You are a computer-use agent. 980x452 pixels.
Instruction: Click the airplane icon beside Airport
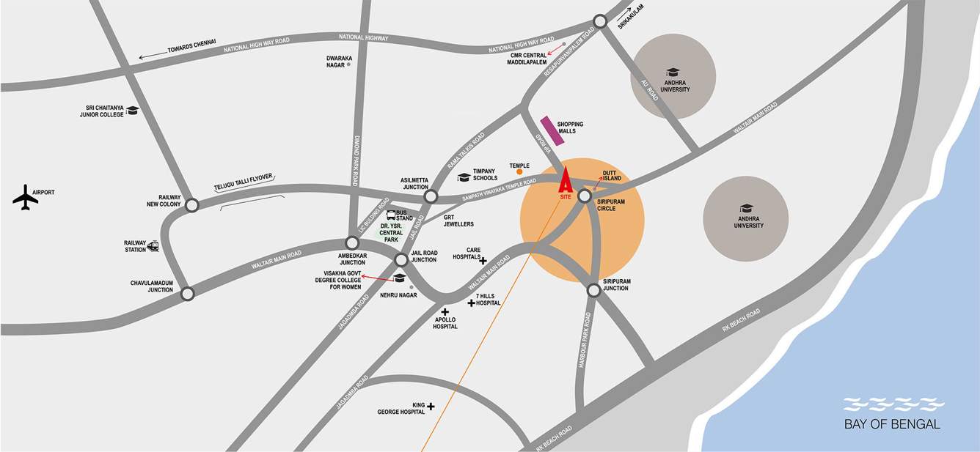click(x=25, y=198)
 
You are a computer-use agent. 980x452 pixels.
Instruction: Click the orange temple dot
click(x=519, y=173)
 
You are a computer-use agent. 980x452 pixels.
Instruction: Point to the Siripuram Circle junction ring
click(x=585, y=196)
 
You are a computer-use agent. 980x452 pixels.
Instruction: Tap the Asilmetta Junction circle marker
click(x=431, y=196)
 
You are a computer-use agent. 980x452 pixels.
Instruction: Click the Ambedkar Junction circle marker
click(x=352, y=243)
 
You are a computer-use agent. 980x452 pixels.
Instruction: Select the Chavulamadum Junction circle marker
click(x=188, y=294)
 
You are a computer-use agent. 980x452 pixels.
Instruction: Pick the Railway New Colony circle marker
click(x=191, y=205)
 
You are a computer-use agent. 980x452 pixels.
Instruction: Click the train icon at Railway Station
click(x=153, y=246)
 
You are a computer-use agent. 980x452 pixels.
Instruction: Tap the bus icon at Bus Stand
click(x=391, y=215)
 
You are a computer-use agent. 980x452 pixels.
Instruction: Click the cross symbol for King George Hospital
click(x=431, y=406)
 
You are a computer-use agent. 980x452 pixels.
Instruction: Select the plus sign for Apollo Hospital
click(x=445, y=312)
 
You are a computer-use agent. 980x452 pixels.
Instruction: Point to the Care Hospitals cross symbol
click(x=483, y=260)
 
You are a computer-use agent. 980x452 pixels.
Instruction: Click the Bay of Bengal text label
click(x=892, y=424)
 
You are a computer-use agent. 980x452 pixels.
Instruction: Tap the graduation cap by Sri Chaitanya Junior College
click(x=132, y=111)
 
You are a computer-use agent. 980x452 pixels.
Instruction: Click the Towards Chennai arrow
click(x=153, y=55)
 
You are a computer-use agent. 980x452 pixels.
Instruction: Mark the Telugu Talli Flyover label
click(x=244, y=181)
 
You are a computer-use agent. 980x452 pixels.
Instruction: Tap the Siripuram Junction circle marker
click(x=593, y=291)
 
